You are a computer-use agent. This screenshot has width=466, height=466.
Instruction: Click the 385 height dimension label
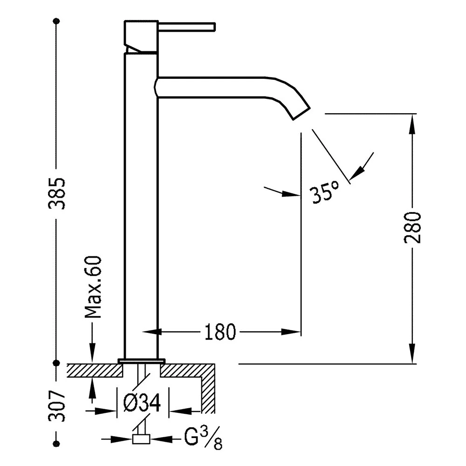point(56,193)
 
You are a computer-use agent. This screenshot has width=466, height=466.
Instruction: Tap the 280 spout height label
point(412,228)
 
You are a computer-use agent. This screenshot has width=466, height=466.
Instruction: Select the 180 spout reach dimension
point(220,332)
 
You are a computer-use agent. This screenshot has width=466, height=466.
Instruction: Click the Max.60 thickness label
point(93,287)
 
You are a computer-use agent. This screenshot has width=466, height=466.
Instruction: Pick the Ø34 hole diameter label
point(142,403)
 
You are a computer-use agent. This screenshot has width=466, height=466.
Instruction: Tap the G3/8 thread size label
point(203,438)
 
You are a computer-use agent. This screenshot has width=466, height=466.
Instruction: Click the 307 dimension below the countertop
point(56,406)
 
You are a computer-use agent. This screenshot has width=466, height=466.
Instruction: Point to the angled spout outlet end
point(302,114)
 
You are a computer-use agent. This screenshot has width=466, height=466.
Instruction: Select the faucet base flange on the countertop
point(141,361)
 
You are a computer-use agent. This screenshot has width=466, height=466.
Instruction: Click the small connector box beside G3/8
point(141,439)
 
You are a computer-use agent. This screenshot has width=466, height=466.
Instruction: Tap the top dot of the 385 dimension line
point(56,21)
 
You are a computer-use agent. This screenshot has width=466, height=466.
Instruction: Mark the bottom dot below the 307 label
point(56,444)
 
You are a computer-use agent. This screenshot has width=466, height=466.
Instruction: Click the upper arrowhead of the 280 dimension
point(412,124)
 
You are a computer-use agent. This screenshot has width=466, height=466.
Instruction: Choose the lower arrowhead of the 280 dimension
point(412,353)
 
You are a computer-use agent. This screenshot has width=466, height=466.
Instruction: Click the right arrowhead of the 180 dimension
point(291,332)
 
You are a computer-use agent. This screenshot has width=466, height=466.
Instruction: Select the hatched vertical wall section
point(208,389)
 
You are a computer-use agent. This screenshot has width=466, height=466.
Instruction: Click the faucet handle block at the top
point(141,36)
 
